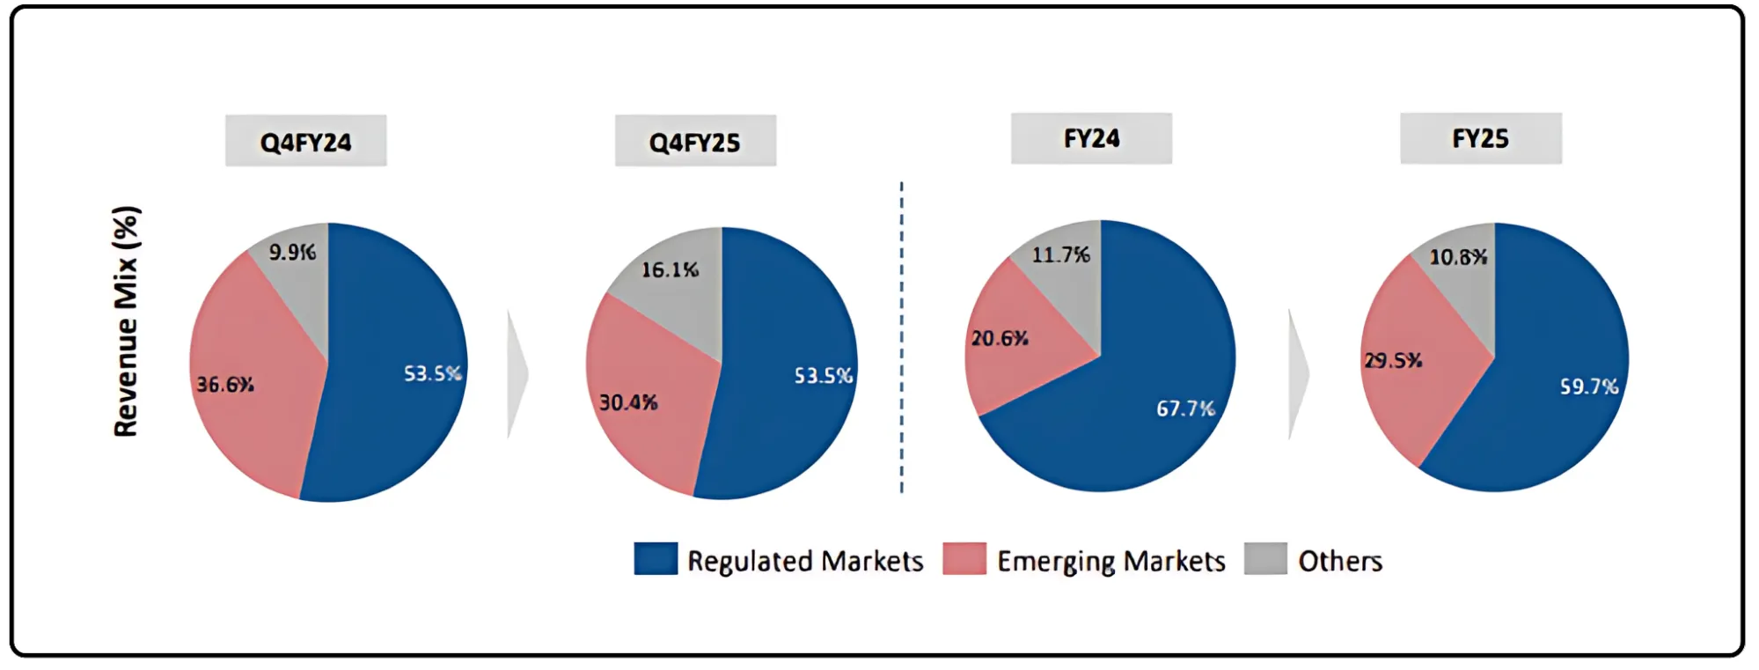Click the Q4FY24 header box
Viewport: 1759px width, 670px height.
[x=305, y=141]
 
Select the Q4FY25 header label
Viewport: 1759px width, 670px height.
[x=694, y=142]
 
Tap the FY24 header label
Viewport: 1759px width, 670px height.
[x=1091, y=138]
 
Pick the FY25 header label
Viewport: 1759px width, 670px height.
[x=1480, y=138]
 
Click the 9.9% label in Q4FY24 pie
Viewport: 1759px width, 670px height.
[x=292, y=253]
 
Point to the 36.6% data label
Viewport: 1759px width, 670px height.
[x=225, y=385]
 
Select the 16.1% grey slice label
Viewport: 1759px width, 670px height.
[x=670, y=270]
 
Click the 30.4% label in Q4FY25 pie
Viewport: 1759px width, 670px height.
[x=628, y=403]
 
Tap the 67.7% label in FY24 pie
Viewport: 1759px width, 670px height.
[x=1185, y=409]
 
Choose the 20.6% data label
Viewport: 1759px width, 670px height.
[x=1000, y=339]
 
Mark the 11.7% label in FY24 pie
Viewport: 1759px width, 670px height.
[x=1060, y=255]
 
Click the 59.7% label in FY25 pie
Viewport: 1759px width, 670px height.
[x=1588, y=387]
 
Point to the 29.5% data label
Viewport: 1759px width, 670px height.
[x=1393, y=361]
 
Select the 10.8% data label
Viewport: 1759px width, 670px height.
[x=1458, y=258]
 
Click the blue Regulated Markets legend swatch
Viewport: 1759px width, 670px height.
[x=656, y=559]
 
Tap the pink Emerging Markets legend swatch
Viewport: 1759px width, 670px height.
[x=964, y=559]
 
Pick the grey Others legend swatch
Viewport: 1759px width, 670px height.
[x=1265, y=559]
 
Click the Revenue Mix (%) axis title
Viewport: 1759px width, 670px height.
[x=126, y=321]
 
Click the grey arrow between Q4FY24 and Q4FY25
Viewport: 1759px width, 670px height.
[x=517, y=374]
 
